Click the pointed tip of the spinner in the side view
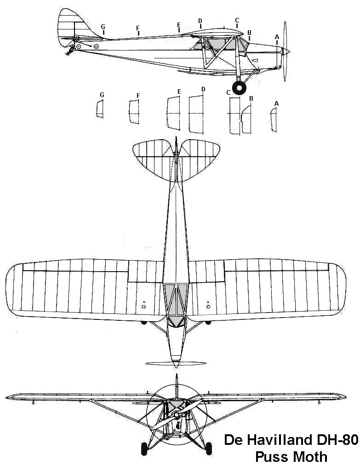[x=290, y=52]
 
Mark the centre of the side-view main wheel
[x=239, y=88]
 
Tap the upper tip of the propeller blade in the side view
[x=285, y=22]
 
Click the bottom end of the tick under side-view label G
[x=103, y=34]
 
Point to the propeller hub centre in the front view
[x=177, y=414]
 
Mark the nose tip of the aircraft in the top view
[x=176, y=367]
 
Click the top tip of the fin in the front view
[x=177, y=375]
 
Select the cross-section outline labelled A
[x=274, y=119]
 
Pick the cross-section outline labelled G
[x=100, y=109]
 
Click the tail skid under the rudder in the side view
[x=70, y=50]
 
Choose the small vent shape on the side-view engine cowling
[x=255, y=60]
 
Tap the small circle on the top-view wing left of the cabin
[x=143, y=306]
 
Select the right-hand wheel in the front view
[x=209, y=448]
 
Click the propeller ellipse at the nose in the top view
[x=176, y=363]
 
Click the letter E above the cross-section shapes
[x=179, y=91]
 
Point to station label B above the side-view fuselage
[x=249, y=32]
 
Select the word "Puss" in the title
[x=273, y=456]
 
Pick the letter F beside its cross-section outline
[x=138, y=96]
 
